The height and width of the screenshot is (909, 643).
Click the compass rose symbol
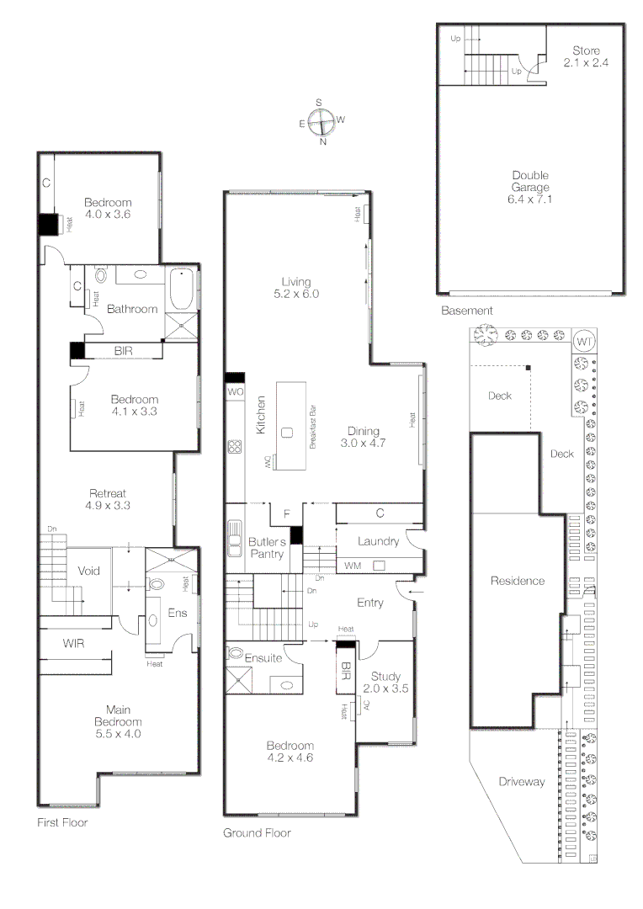coord(321,122)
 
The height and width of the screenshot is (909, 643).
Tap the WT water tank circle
coord(585,342)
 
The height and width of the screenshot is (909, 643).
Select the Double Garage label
coord(530,188)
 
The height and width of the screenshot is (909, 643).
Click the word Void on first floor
coord(88,571)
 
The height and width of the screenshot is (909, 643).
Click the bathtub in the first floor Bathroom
coord(181,290)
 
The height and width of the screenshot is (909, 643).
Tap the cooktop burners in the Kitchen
coord(235,447)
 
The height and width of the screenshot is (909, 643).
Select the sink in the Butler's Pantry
coord(234,539)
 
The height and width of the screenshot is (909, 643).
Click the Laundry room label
coord(377,541)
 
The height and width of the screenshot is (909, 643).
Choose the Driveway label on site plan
coord(521,782)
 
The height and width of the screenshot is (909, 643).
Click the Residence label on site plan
coord(518,581)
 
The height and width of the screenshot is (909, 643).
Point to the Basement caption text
coord(466,311)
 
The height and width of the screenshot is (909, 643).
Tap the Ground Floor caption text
coord(257,833)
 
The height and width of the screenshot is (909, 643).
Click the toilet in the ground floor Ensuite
coord(236,654)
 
